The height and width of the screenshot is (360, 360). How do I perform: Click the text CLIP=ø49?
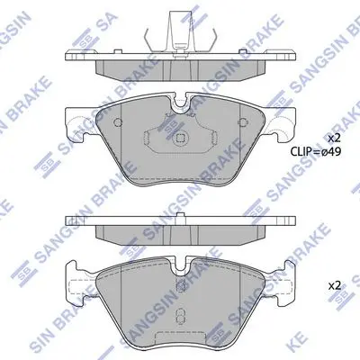coord(315,152)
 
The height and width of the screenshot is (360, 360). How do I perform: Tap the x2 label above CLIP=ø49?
coord(334,139)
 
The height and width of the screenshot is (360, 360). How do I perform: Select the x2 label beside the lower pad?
coord(334,285)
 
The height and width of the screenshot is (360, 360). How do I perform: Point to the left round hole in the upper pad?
coord(118,122)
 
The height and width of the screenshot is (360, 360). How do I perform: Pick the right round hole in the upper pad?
coord(243,122)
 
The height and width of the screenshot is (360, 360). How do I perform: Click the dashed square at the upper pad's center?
coord(180,138)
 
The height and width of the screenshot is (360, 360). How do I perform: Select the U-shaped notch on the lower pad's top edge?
coord(181,264)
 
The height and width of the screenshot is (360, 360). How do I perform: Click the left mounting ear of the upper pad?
coord(78,123)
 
